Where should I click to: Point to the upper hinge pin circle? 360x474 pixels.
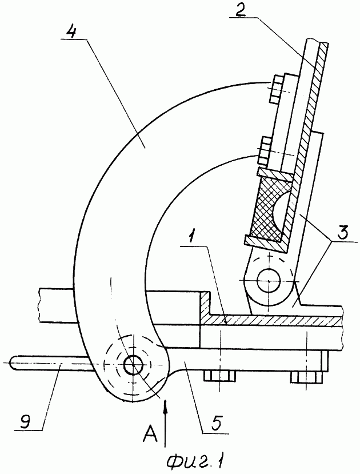269,281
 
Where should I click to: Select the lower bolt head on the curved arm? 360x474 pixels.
265,150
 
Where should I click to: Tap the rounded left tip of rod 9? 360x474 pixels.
12,362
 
